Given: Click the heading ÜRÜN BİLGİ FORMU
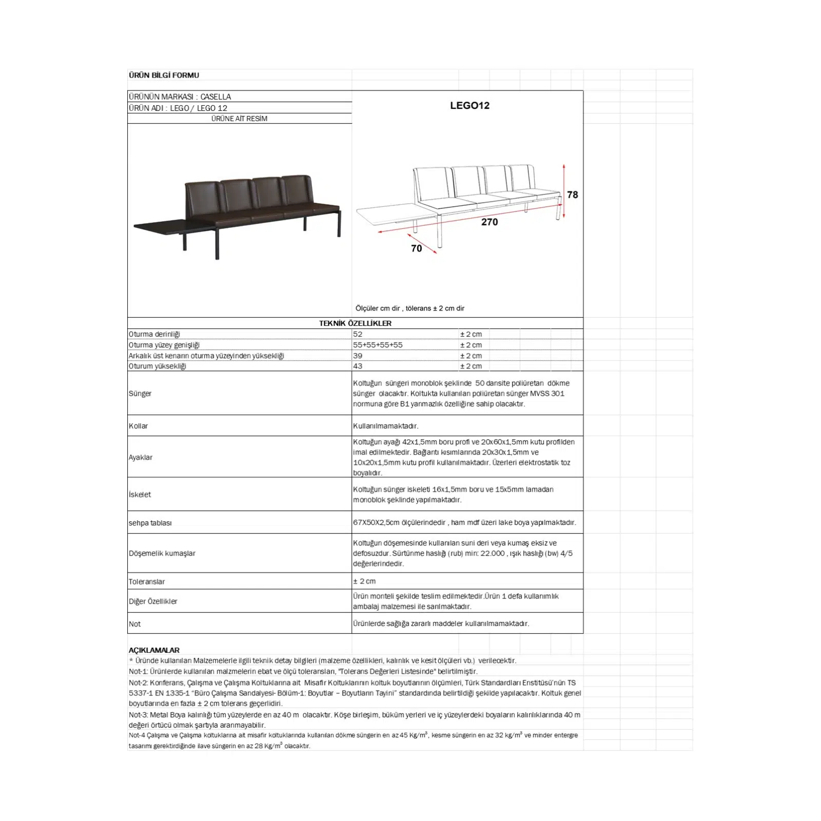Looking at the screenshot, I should pos(164,75).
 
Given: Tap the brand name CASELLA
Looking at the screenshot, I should pos(216,96).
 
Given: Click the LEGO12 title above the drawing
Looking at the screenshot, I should pos(470,105).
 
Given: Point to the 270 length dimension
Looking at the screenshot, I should pos(489,222).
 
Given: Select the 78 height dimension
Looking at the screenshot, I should pos(572,194).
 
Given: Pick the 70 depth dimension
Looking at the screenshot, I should pos(416,248).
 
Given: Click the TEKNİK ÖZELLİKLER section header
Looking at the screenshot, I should pos(355,323).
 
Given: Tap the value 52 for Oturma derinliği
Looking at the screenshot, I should pos(358,334).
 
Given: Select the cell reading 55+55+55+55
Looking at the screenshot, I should pos(378,345).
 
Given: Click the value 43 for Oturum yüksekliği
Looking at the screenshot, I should pos(358,366).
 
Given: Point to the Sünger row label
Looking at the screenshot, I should pos(140,394).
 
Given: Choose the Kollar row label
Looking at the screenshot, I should pos(138,426).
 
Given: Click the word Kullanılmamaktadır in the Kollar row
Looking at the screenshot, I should pos(385,426).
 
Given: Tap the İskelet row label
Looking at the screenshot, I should pos(140,495).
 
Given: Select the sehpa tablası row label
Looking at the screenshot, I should pos(150,523).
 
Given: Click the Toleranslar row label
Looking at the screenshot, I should pos(147,581).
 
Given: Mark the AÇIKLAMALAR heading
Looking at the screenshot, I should pos(154,650).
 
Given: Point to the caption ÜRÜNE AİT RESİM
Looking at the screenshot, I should pos(239,119).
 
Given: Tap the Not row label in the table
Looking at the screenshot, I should pos(134,624).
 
